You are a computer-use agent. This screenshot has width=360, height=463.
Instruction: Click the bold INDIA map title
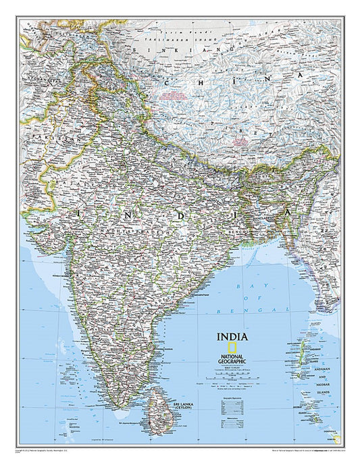point(232,336)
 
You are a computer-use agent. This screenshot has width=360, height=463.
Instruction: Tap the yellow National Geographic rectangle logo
point(232,347)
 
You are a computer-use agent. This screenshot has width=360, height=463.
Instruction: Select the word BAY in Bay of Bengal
point(241,286)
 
